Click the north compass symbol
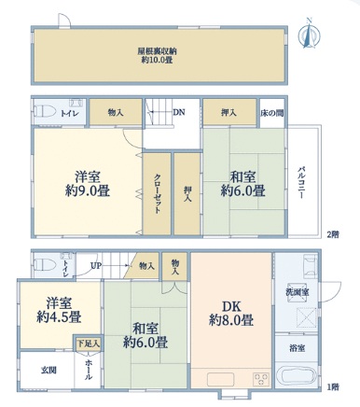(310, 35)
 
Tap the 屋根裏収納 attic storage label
(157, 51)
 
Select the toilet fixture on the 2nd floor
(45, 111)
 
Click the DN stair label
(179, 112)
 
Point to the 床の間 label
(272, 113)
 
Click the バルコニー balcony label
(301, 183)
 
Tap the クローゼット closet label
(158, 193)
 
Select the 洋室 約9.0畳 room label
(88, 184)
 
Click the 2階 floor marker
(332, 233)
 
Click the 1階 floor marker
(333, 387)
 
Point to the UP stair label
(95, 266)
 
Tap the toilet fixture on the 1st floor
(45, 265)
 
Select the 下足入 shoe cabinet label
(89, 344)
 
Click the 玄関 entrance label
(48, 371)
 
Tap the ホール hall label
(89, 370)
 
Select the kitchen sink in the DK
(221, 379)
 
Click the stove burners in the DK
(261, 379)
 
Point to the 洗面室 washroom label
(298, 292)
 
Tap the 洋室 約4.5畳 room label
(59, 311)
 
